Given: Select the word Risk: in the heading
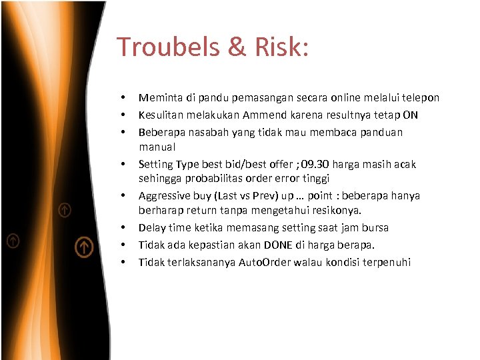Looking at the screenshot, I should coord(283,47).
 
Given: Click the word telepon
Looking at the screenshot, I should coord(420,98).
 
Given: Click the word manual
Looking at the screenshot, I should coord(157,147).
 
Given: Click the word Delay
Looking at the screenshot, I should coord(152,228).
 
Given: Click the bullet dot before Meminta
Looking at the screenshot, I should coord(123,99).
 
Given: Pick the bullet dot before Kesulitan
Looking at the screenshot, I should coord(123,115).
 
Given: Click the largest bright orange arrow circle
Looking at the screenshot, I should coord(83,247).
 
